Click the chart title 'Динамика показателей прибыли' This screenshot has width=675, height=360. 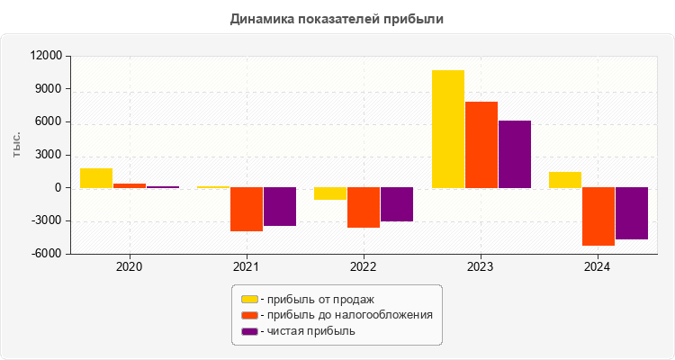337,18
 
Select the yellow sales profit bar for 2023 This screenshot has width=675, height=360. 447,129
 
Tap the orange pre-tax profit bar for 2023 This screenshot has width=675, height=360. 481,145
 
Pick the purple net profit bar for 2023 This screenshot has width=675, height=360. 514,154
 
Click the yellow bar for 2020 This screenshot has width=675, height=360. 96,178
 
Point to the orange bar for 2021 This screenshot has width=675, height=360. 247,210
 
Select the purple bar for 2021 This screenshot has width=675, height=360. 280,207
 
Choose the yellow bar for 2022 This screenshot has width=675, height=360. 330,193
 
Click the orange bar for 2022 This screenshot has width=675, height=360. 364,208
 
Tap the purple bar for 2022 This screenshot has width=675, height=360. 397,204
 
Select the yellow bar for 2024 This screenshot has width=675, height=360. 564,180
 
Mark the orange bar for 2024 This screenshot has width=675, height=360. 598,217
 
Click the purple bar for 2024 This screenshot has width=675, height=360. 631,213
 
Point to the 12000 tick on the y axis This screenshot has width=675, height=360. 46,56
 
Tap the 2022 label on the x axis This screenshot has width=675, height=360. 364,267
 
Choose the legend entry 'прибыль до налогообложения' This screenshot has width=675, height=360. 346,315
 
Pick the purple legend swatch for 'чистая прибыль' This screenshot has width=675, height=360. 249,331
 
